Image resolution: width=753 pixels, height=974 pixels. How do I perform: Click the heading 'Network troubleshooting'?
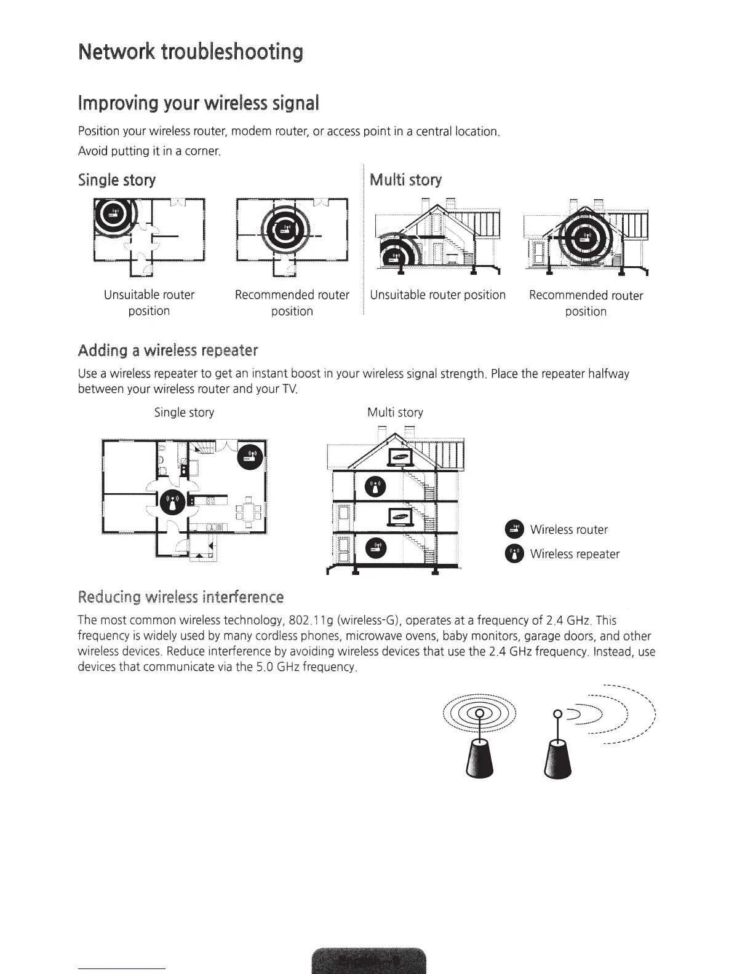coord(191,52)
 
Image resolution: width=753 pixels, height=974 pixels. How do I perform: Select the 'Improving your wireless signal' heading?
coord(198,103)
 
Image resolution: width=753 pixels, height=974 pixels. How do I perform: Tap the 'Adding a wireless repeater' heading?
coord(167,350)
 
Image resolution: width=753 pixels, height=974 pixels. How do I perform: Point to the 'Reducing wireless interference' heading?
coord(181,597)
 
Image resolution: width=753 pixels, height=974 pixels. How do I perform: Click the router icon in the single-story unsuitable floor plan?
coord(112,213)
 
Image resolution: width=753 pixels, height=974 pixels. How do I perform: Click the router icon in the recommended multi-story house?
coord(580,236)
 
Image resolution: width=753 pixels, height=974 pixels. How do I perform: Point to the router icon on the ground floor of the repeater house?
coord(376,548)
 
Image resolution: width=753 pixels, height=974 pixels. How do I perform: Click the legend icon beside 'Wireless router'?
coord(514,530)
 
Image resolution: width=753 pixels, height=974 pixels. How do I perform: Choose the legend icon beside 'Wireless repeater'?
coord(514,554)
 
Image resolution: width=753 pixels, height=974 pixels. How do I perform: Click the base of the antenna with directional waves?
coord(558,759)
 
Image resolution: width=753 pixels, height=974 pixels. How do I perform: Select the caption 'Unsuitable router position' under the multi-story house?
coord(437,295)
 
